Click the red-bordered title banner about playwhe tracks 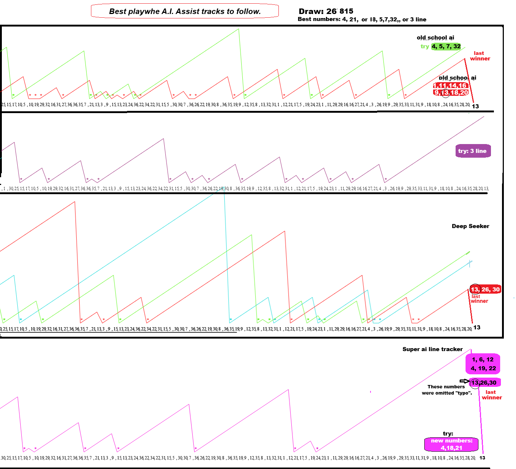pyautogui.click(x=185, y=11)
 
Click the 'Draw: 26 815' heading pyautogui.click(x=326, y=11)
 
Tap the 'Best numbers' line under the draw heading pyautogui.click(x=362, y=20)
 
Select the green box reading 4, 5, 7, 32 pyautogui.click(x=446, y=46)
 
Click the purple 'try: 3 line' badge pyautogui.click(x=473, y=151)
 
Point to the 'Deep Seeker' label pyautogui.click(x=470, y=226)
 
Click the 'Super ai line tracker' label pyautogui.click(x=432, y=349)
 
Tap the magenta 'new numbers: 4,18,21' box pyautogui.click(x=452, y=444)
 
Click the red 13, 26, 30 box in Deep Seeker pyautogui.click(x=485, y=289)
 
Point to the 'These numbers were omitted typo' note pyautogui.click(x=446, y=390)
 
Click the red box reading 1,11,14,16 pyautogui.click(x=450, y=85)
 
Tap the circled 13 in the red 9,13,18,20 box pyautogui.click(x=446, y=92)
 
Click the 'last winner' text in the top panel pyautogui.click(x=480, y=56)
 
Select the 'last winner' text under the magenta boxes pyautogui.click(x=492, y=395)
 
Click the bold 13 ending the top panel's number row pyautogui.click(x=475, y=106)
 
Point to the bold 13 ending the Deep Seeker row pyautogui.click(x=477, y=328)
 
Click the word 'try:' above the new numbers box pyautogui.click(x=448, y=434)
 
